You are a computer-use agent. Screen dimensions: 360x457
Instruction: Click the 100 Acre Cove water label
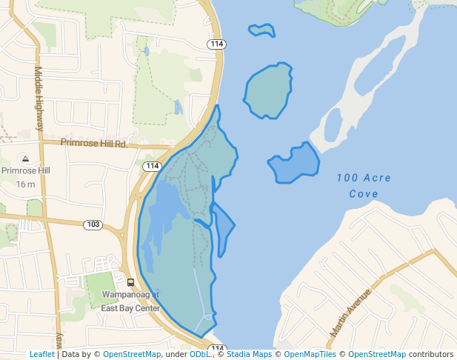[x=364, y=186]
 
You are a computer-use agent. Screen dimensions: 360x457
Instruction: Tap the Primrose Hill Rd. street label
[x=94, y=142]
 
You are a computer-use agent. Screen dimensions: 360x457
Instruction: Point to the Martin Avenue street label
[x=350, y=311]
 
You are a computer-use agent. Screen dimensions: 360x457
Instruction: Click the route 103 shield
[x=93, y=224]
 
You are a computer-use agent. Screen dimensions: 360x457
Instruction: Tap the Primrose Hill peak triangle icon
[x=25, y=159]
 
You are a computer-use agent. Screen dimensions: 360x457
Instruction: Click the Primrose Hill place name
[x=25, y=170]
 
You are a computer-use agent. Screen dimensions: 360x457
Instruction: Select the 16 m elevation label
[x=25, y=184]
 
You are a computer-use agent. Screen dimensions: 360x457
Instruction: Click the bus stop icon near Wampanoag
[x=130, y=282]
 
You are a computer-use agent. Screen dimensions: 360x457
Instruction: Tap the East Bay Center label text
[x=130, y=307]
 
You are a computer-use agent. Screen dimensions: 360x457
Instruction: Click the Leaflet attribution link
[x=41, y=355]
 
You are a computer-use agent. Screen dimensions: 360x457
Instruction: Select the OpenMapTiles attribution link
[x=309, y=355]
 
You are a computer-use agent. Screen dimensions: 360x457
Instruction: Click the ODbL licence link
[x=200, y=355]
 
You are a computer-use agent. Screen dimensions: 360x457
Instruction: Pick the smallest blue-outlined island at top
[x=261, y=30]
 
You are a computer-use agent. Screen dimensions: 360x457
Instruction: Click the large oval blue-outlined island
[x=268, y=90]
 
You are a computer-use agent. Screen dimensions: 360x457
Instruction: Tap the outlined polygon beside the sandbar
[x=296, y=163]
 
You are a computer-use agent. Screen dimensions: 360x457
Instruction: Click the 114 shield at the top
[x=217, y=44]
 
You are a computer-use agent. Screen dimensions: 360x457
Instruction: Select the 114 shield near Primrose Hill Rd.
[x=153, y=165]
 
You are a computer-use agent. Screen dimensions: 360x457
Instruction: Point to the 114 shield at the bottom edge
[x=216, y=348]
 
